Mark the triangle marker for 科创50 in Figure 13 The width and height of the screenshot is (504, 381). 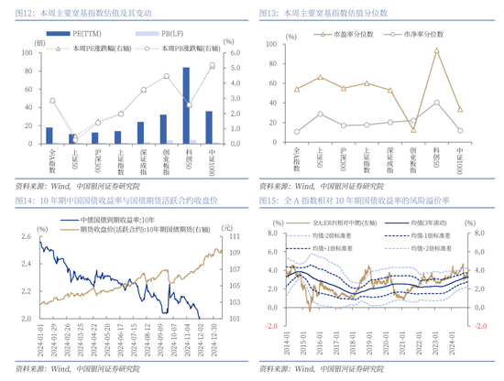(436, 50)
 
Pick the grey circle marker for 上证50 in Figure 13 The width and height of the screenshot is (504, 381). (320, 114)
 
